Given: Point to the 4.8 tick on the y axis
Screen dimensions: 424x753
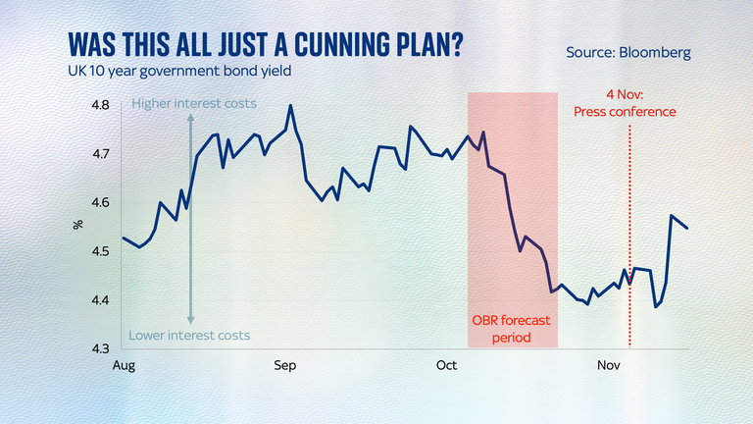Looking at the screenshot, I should tap(100, 105).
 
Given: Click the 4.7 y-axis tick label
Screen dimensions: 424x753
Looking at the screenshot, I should tap(100, 154).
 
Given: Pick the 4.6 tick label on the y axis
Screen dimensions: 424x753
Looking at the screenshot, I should tap(100, 203).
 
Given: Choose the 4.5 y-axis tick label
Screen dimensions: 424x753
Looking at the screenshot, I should tap(100, 251).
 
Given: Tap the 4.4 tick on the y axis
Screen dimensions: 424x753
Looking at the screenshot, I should tap(100, 300).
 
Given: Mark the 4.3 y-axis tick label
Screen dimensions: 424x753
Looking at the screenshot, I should tap(100, 348).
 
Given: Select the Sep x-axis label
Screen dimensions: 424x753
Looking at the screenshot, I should tap(284, 366).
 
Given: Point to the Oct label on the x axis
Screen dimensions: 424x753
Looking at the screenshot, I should tap(446, 366).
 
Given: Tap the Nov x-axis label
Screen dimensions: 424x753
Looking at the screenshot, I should tap(609, 366).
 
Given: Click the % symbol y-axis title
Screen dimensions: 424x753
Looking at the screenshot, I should tap(77, 225).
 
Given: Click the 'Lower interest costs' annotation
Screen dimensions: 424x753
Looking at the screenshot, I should tap(189, 336).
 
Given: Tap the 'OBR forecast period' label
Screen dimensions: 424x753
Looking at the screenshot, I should tap(511, 329).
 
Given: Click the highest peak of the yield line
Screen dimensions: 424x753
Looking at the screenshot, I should tap(290, 105).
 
